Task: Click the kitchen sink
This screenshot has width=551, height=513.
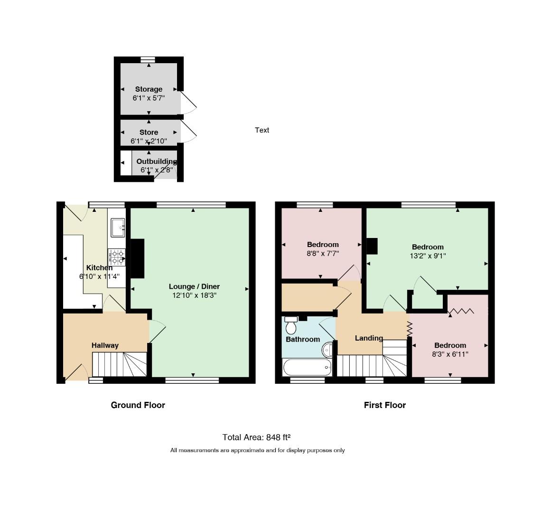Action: [118, 228]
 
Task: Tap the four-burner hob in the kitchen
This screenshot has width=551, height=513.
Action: [117, 257]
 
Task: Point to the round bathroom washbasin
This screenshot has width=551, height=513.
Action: [327, 350]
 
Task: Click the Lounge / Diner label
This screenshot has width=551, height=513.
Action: [194, 286]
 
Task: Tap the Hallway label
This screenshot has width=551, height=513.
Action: [105, 346]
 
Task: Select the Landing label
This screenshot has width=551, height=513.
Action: [369, 338]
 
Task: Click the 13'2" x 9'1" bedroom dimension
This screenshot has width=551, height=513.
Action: [428, 256]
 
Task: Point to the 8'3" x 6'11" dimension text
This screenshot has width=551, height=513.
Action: [450, 354]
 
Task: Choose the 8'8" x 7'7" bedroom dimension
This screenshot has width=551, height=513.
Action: [323, 253]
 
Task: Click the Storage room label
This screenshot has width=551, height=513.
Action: [149, 89]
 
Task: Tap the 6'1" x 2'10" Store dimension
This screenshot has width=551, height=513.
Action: [149, 141]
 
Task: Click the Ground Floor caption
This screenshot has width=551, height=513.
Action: [138, 405]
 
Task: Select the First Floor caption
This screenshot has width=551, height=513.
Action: [385, 405]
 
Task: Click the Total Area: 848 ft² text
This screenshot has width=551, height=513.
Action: [257, 437]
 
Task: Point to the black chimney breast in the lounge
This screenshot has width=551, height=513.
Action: [138, 259]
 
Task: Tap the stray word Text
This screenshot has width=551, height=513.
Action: [262, 130]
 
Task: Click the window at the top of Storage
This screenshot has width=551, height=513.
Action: [148, 60]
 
